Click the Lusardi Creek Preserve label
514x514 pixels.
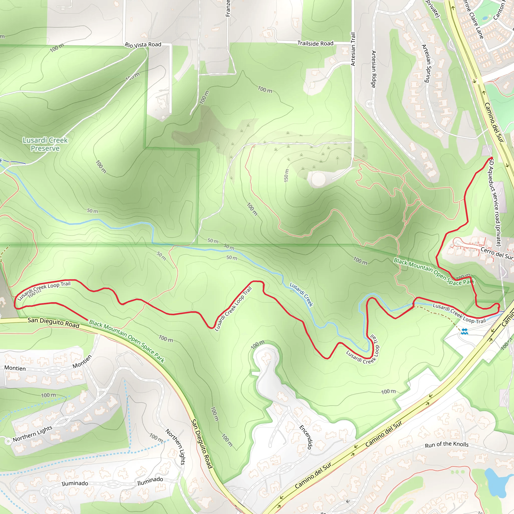45,144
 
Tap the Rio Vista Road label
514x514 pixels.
143,45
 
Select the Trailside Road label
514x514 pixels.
315,43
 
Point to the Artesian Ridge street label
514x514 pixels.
373,69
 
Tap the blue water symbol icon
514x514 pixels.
464,331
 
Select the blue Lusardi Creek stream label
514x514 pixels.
301,294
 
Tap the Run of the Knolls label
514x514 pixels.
446,444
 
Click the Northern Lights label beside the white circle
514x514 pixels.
32,434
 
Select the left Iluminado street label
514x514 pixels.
75,483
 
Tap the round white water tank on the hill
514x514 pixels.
318,179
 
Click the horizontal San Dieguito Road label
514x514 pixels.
53,323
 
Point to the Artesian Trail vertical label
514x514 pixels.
353,49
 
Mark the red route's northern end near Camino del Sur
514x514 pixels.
490,159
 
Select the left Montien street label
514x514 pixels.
15,368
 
